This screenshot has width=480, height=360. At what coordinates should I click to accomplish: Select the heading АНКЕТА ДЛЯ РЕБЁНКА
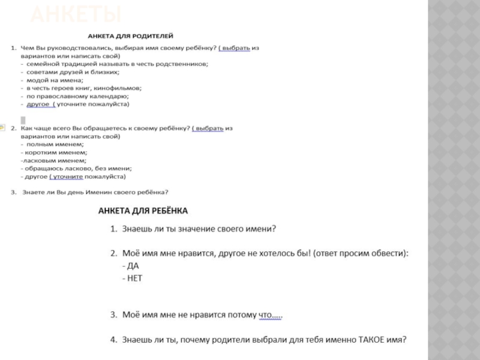[x=143, y=211]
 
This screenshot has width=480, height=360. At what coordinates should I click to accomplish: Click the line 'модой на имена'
[x=55, y=80]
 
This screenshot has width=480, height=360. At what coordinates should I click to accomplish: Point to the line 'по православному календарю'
[x=77, y=95]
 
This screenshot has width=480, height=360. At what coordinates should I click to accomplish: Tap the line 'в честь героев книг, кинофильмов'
[x=79, y=88]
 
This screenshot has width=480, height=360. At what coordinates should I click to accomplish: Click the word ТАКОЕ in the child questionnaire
[x=372, y=340]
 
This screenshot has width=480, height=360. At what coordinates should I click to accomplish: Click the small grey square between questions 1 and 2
[x=23, y=119]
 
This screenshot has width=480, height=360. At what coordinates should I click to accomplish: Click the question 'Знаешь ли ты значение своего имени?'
[x=198, y=229]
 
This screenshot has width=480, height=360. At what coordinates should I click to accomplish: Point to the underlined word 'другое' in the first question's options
[x=38, y=104]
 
